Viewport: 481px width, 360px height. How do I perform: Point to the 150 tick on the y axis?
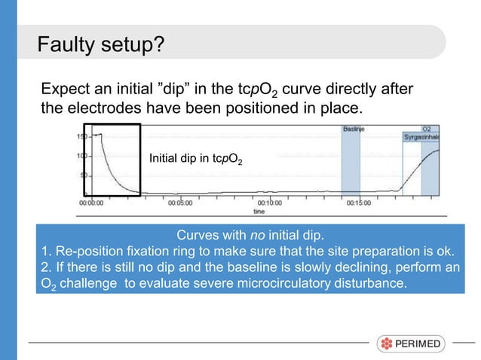[79, 136]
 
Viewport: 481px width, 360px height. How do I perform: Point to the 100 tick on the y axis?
[79, 156]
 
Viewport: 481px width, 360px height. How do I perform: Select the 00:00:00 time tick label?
[93, 203]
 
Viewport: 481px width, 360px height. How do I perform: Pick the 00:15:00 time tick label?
[359, 203]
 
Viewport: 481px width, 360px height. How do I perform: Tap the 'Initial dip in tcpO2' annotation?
[195, 159]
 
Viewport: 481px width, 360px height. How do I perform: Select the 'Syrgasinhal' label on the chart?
[422, 138]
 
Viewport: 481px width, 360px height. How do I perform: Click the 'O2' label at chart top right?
[427, 129]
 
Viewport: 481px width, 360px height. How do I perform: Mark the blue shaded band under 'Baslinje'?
[351, 166]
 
